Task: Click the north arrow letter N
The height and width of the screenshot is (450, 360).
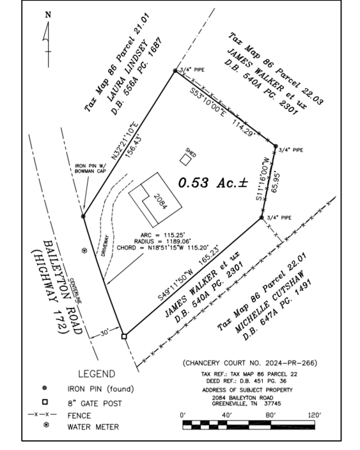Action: click(x=48, y=15)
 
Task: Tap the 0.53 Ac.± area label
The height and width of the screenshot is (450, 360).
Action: click(x=213, y=183)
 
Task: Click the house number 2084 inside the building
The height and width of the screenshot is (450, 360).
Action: click(x=160, y=202)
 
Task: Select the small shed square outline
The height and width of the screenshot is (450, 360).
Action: click(x=185, y=159)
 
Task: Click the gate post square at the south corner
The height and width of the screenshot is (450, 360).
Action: click(x=124, y=336)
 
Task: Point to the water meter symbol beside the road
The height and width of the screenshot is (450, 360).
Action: click(x=84, y=250)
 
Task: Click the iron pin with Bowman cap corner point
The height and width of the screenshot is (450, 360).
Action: click(x=83, y=216)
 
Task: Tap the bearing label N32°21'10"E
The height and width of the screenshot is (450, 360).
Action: click(x=125, y=141)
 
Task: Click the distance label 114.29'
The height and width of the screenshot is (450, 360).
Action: click(x=244, y=128)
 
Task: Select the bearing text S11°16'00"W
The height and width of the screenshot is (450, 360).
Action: click(x=263, y=179)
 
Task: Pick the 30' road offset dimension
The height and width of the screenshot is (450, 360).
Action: click(x=104, y=333)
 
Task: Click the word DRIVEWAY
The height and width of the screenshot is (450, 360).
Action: click(x=105, y=246)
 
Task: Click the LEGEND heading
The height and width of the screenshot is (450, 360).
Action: click(x=97, y=374)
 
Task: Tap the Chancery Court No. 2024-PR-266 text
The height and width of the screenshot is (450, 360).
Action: click(x=250, y=363)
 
